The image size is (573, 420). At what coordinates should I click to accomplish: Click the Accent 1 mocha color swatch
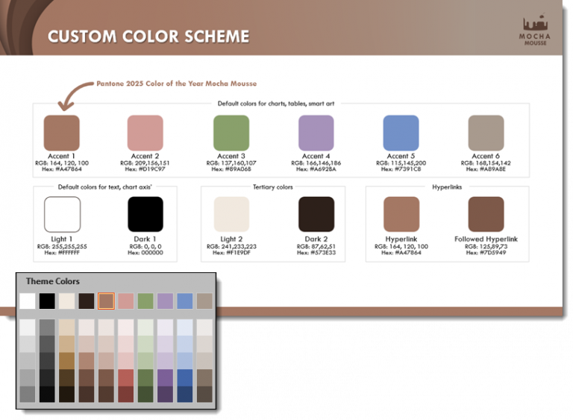pyautogui.click(x=62, y=133)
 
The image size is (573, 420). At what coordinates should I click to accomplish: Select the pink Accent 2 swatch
pyautogui.click(x=145, y=133)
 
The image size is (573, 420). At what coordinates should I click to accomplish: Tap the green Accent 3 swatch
pyautogui.click(x=231, y=133)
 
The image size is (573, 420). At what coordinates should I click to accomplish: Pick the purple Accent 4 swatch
pyautogui.click(x=316, y=133)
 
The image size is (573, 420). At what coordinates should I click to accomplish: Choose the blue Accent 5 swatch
pyautogui.click(x=401, y=133)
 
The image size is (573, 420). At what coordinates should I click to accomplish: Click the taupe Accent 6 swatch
pyautogui.click(x=486, y=133)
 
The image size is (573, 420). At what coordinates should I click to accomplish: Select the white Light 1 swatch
pyautogui.click(x=62, y=215)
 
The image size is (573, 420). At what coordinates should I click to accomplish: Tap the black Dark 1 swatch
pyautogui.click(x=145, y=215)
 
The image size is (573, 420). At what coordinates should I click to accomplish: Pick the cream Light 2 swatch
pyautogui.click(x=231, y=215)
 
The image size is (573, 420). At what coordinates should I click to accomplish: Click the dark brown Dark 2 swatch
pyautogui.click(x=316, y=215)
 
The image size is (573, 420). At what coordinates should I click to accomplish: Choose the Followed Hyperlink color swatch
pyautogui.click(x=486, y=215)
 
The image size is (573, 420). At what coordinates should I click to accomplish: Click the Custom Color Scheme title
pyautogui.click(x=148, y=36)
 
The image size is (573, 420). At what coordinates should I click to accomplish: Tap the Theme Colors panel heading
pyautogui.click(x=53, y=281)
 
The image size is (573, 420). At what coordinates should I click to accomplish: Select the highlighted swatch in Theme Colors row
pyautogui.click(x=106, y=301)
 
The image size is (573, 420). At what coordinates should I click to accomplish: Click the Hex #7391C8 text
pyautogui.click(x=401, y=169)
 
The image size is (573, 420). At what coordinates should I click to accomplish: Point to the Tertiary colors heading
pyautogui.click(x=272, y=187)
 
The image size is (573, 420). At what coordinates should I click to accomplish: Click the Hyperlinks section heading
pyautogui.click(x=448, y=187)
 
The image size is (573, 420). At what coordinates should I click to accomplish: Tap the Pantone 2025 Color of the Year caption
pyautogui.click(x=176, y=84)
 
